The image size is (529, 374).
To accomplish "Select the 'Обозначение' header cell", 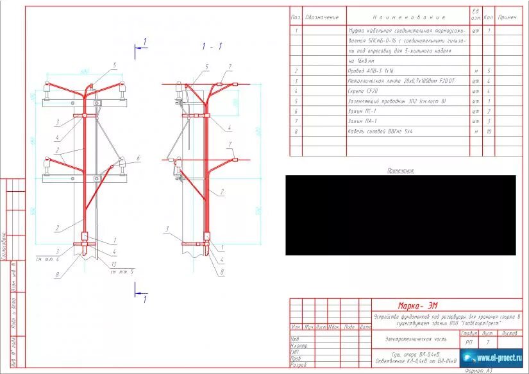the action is (x=321, y=17).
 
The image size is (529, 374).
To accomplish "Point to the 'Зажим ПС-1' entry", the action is (x=363, y=112).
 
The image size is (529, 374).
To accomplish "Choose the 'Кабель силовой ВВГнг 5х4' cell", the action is (x=381, y=132).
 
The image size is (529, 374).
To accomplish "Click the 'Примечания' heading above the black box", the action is (x=401, y=171).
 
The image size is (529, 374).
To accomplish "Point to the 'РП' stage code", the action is (x=469, y=343).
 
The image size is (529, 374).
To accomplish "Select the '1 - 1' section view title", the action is (x=212, y=46).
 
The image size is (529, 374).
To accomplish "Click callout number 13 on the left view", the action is (x=114, y=265).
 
